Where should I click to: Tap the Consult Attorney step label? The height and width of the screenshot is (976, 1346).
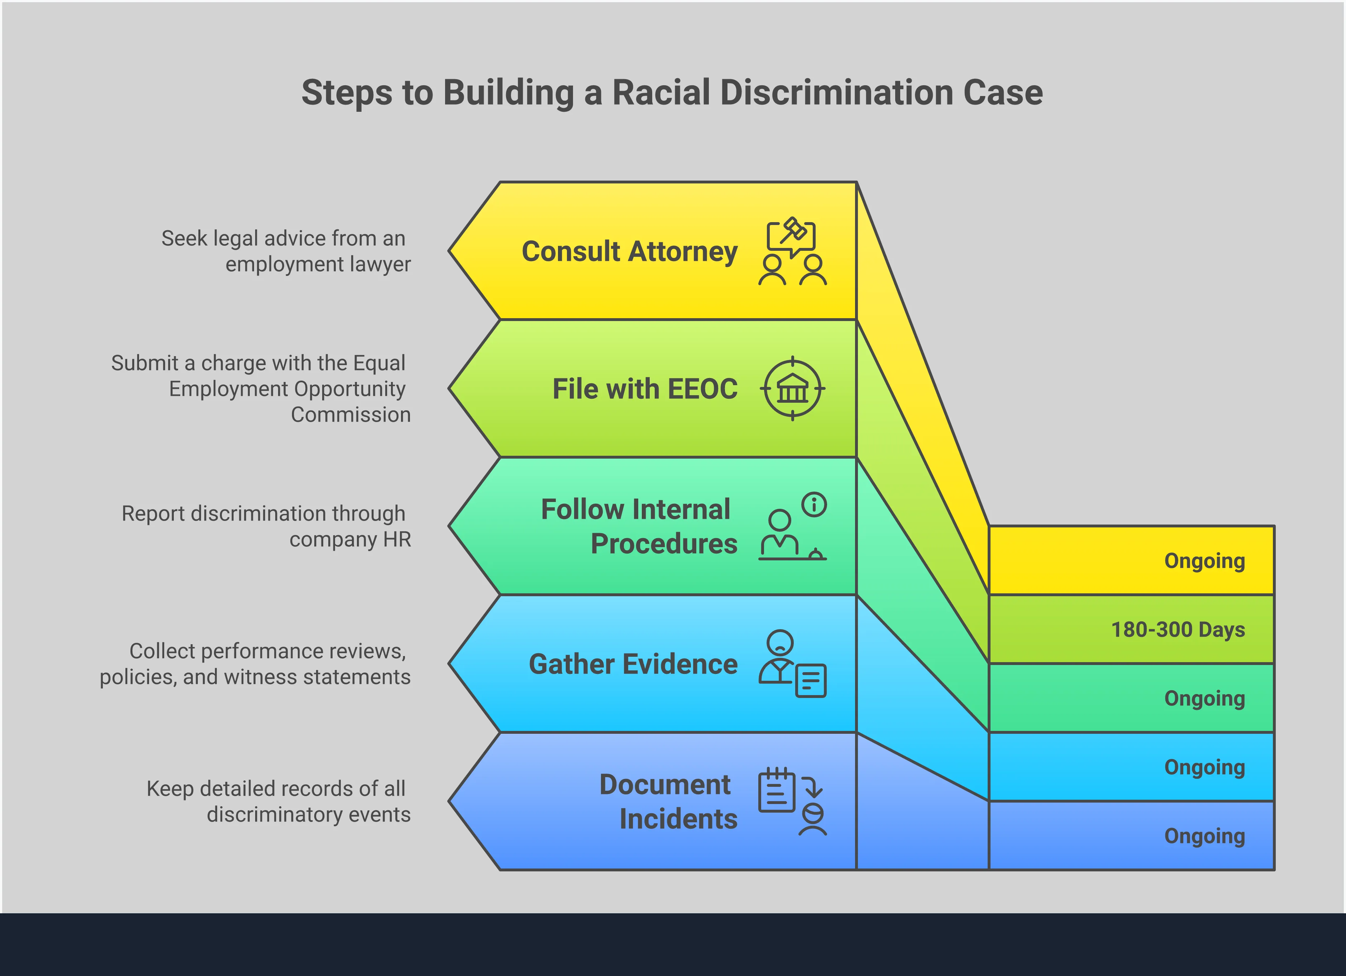[x=629, y=252]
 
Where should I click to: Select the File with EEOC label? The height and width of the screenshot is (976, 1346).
[x=645, y=389]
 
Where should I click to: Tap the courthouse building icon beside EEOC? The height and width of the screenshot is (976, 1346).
[x=792, y=389]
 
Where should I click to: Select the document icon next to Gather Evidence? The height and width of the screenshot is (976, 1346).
[x=811, y=680]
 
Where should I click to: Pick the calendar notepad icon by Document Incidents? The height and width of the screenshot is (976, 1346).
[x=776, y=790]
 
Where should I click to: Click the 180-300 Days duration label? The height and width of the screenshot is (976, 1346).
[x=1178, y=630]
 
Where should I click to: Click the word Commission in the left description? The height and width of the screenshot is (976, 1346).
[x=350, y=415]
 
